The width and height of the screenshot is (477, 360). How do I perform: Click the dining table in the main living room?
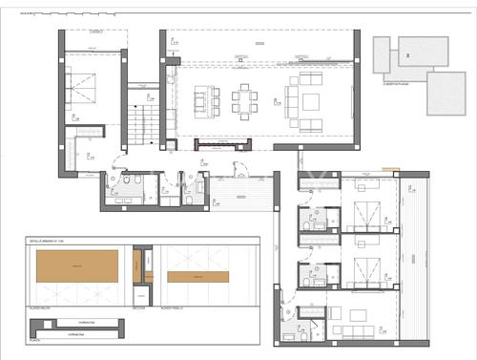click(x=247, y=98)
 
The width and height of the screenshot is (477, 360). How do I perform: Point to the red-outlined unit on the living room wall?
click(x=223, y=144)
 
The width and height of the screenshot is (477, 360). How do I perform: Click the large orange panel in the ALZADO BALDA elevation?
click(x=77, y=265)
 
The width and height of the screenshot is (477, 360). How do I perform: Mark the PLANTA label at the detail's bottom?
click(x=33, y=339)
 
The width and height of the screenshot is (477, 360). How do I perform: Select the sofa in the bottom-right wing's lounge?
click(x=354, y=329)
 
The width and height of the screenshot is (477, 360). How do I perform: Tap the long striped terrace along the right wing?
click(x=416, y=258)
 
